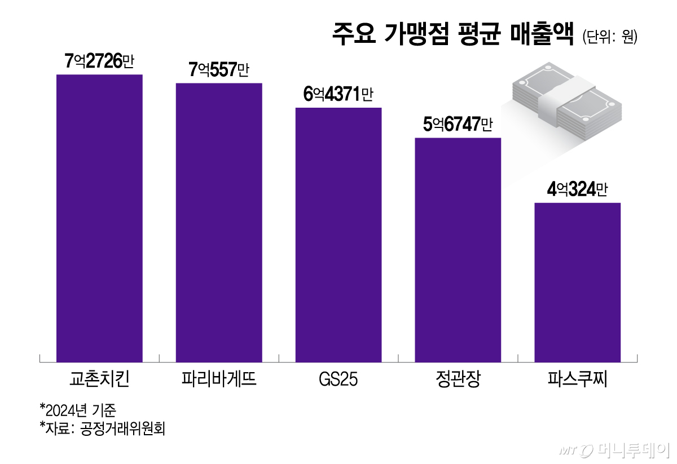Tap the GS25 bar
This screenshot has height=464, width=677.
(x=338, y=235)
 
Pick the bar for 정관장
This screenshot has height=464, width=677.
(x=458, y=250)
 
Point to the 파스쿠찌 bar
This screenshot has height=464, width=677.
(x=577, y=282)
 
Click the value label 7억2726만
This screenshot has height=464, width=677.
(x=99, y=61)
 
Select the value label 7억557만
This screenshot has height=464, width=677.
(x=219, y=70)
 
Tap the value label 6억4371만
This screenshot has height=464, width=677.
(x=338, y=95)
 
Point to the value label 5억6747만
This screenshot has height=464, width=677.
(x=458, y=125)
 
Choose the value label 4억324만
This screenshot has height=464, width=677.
(x=577, y=190)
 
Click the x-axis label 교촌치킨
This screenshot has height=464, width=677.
(x=99, y=379)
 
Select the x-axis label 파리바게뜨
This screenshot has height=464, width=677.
(x=219, y=379)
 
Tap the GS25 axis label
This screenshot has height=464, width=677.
(x=338, y=379)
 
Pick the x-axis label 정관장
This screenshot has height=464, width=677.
(x=458, y=379)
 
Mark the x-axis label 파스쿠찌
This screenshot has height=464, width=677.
(x=577, y=379)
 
